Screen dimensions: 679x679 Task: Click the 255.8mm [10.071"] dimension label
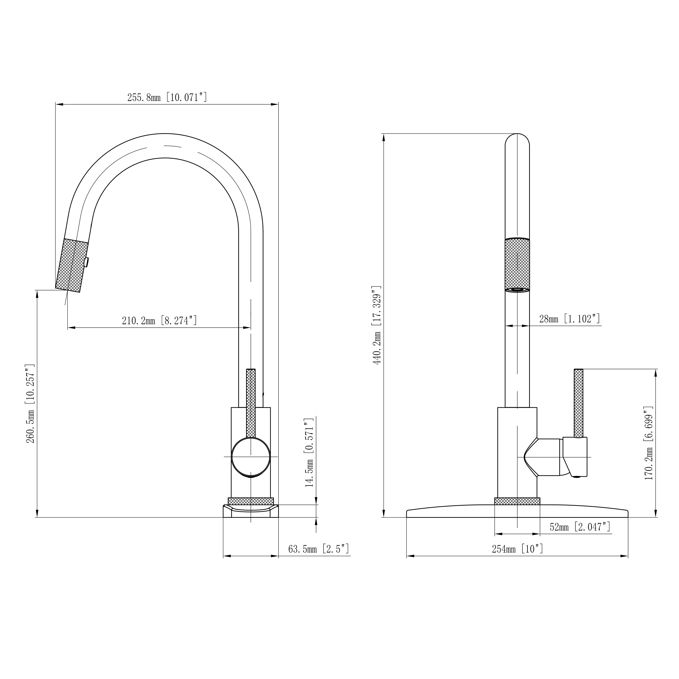(x=167, y=97)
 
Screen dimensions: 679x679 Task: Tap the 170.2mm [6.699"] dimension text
(x=649, y=444)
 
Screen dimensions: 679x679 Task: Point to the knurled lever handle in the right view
(x=578, y=403)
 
